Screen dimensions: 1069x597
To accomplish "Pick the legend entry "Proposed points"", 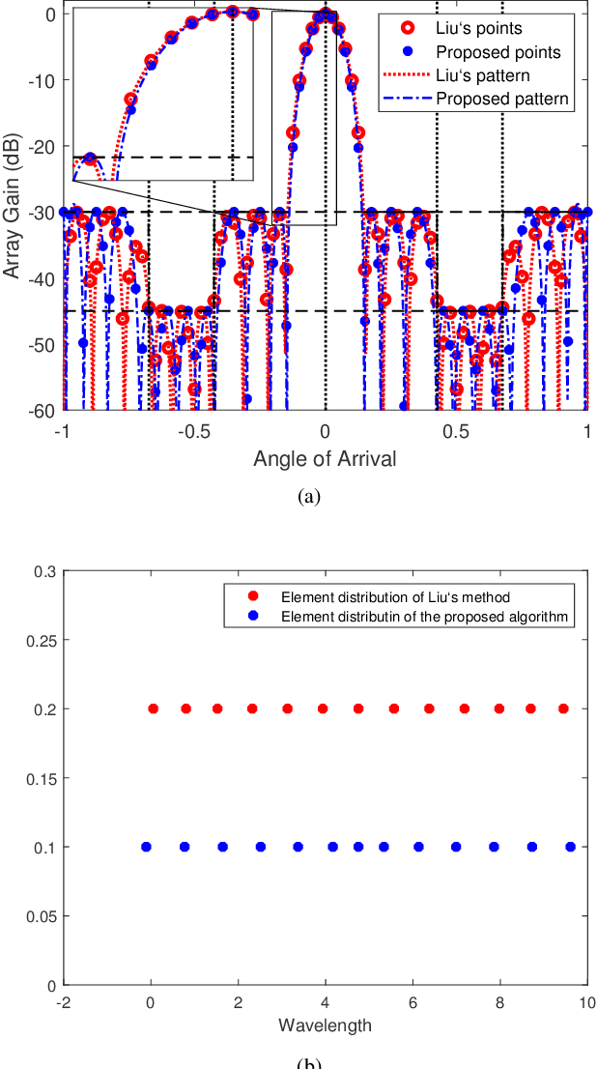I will [497, 51].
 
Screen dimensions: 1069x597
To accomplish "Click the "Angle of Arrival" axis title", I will [325, 459].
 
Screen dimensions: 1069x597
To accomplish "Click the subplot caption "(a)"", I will [308, 496].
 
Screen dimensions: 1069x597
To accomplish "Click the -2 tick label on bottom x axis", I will [63, 1003].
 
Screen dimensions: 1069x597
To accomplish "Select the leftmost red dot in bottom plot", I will [153, 708].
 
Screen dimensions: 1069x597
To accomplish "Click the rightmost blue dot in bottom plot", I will [570, 847].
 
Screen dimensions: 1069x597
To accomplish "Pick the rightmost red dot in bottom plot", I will [563, 708].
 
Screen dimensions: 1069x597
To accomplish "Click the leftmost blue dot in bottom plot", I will [147, 847].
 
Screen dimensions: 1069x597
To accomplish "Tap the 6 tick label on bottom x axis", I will [412, 1003].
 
